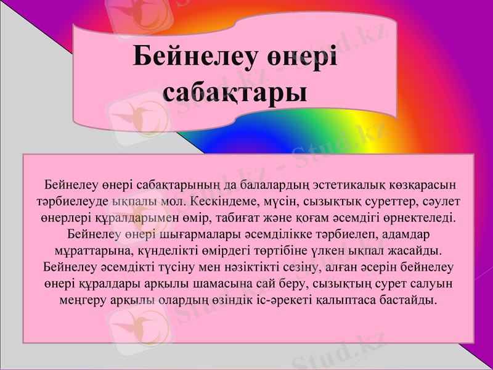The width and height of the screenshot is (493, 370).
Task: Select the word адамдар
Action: coord(404,234)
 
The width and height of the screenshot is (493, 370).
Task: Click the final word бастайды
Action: coord(412,301)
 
